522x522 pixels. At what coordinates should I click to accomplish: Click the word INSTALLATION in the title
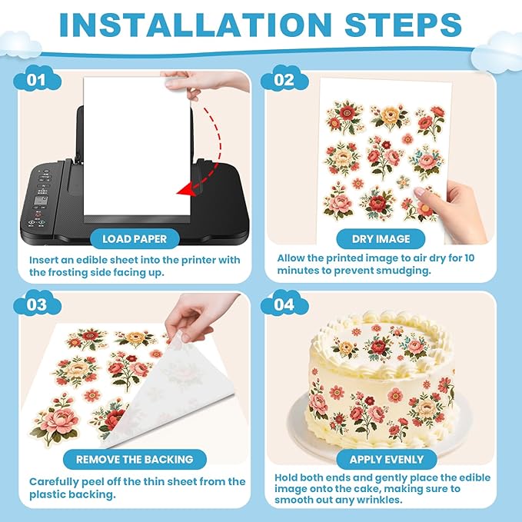pos(195,25)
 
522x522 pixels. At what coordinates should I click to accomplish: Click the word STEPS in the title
pos(403,25)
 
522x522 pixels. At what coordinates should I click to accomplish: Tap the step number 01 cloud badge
pos(37,79)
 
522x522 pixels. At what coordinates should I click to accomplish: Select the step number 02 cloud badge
pos(284,79)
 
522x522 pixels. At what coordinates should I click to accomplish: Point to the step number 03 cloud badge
pos(37,304)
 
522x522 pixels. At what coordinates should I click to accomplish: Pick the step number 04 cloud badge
pos(284,304)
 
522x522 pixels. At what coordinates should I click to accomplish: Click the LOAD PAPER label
pos(135,238)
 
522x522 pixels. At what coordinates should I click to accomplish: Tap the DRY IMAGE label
pos(381,238)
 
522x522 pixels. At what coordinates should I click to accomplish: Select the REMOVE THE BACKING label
pos(135,460)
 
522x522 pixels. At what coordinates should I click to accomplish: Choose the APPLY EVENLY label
pos(387,460)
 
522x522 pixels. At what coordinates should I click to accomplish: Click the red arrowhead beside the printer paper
pos(185,190)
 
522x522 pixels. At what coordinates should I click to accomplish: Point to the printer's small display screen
pos(41,201)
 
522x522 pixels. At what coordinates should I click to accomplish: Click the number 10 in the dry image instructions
pos(469,258)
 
